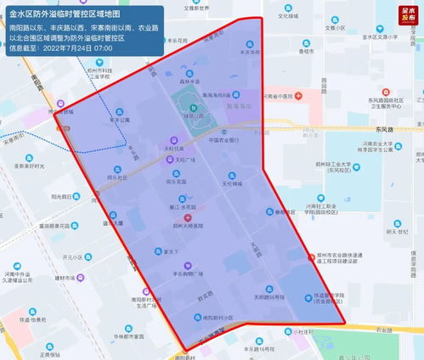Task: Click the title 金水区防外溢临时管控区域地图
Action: tap(64, 15)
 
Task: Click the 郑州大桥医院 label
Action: tap(189, 226)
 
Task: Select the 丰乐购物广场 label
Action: tap(188, 274)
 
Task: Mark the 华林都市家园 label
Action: tap(126, 337)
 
